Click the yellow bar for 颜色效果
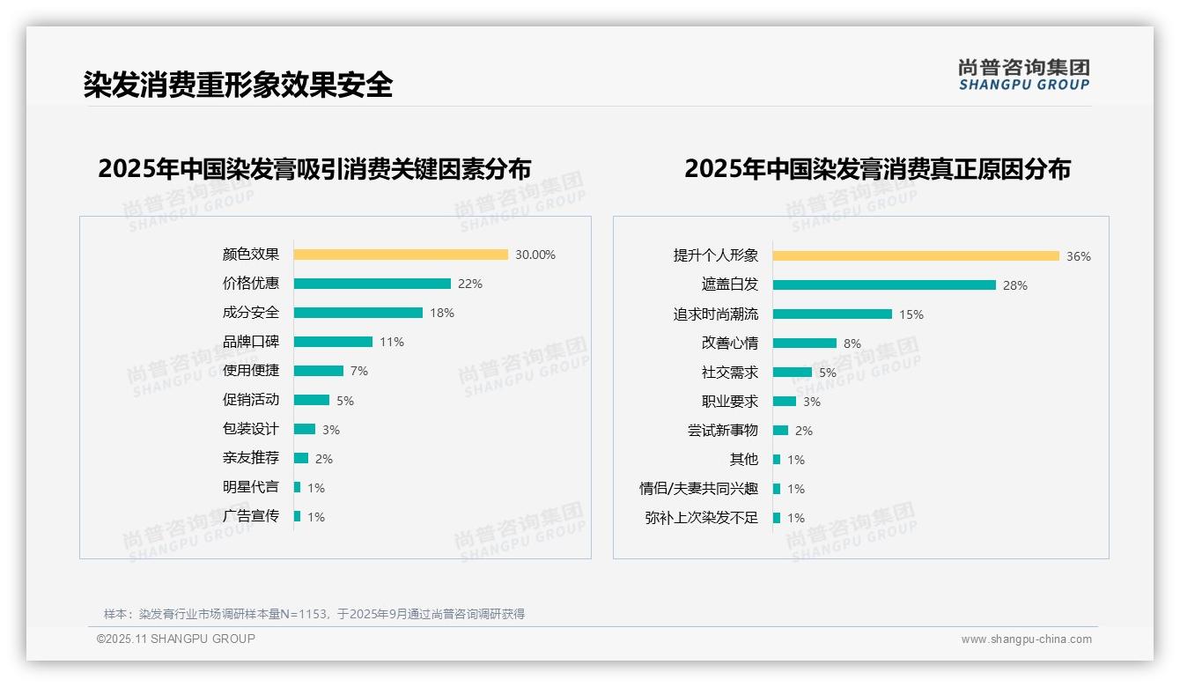(401, 255)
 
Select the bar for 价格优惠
(372, 284)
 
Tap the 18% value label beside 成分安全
(442, 313)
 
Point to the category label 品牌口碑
(251, 342)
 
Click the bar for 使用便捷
(318, 371)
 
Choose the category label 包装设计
(251, 429)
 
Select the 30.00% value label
(535, 255)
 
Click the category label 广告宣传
(251, 516)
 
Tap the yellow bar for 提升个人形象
(916, 256)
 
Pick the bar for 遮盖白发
(884, 285)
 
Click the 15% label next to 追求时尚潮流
(911, 314)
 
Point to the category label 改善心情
(730, 343)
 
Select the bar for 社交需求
(793, 373)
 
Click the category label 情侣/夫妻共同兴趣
(699, 489)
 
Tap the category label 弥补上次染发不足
(702, 518)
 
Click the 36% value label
(1079, 256)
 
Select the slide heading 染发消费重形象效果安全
(238, 85)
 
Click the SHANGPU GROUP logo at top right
(1024, 75)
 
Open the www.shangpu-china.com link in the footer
(1026, 639)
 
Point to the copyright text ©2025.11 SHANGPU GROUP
(176, 639)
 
